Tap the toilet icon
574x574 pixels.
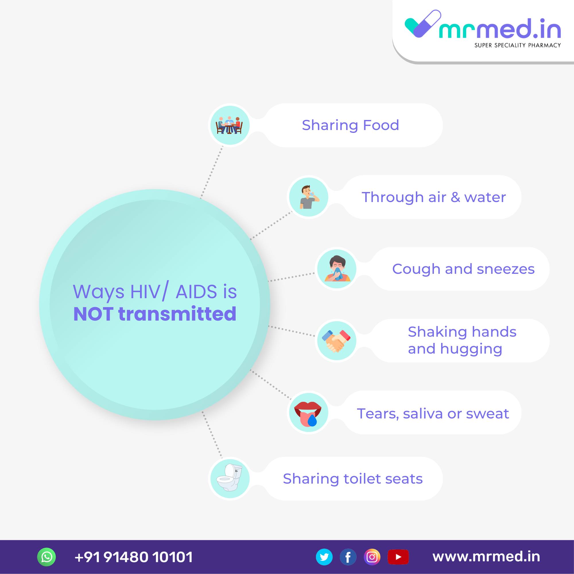(x=229, y=478)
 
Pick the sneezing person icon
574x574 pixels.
(x=337, y=268)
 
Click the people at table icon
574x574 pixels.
(x=229, y=125)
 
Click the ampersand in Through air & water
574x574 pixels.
(x=455, y=197)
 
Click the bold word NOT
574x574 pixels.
(x=93, y=314)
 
